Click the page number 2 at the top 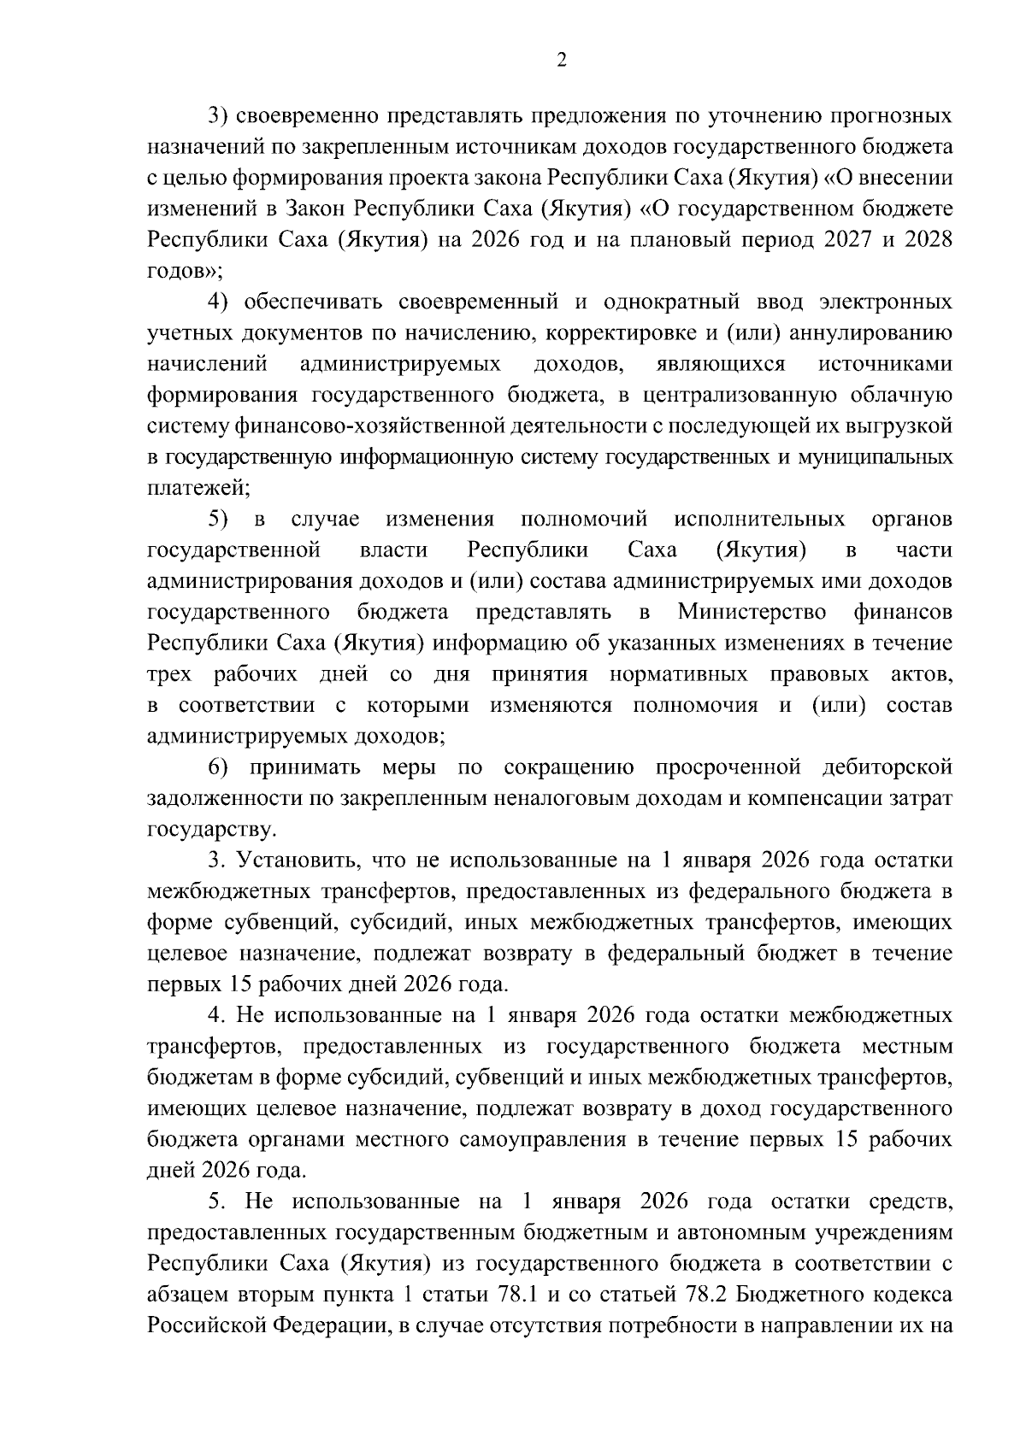click(x=561, y=60)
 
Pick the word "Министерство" click(x=752, y=612)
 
